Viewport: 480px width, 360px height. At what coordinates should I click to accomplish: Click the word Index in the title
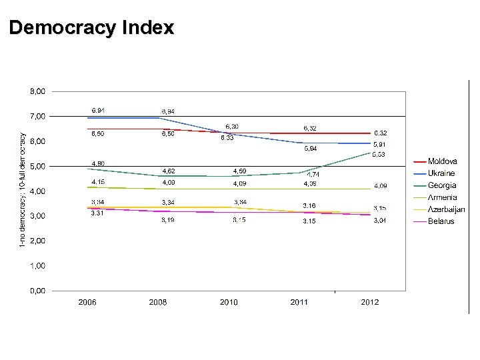pos(148,28)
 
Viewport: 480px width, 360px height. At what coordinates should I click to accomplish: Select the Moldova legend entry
pos(442,161)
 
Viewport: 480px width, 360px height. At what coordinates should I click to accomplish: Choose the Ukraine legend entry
pos(441,173)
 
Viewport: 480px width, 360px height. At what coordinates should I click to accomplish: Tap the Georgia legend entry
pos(441,185)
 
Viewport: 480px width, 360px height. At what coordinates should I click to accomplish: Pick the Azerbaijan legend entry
pos(446,209)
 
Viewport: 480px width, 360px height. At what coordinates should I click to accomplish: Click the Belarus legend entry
pos(441,221)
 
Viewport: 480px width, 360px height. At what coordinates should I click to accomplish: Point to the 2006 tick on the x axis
pos(87,302)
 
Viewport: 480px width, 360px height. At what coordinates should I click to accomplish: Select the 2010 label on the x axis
pos(229,302)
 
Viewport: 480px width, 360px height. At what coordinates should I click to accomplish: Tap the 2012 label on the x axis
pos(370,302)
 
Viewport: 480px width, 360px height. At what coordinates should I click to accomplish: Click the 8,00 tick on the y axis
pos(37,91)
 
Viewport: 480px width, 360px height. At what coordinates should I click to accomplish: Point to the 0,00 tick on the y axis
pos(37,291)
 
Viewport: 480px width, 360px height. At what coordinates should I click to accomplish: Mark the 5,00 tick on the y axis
pos(37,166)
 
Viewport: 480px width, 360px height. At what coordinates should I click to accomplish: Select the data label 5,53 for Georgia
pos(379,155)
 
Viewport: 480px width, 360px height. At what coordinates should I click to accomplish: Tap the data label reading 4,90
pos(97,163)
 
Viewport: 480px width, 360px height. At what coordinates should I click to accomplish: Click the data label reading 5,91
pos(379,145)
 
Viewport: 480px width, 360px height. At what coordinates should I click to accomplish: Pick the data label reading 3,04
pos(379,220)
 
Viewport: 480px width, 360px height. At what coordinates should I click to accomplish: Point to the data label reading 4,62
pos(169,171)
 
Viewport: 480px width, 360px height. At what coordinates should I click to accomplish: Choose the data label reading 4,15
pos(97,182)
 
